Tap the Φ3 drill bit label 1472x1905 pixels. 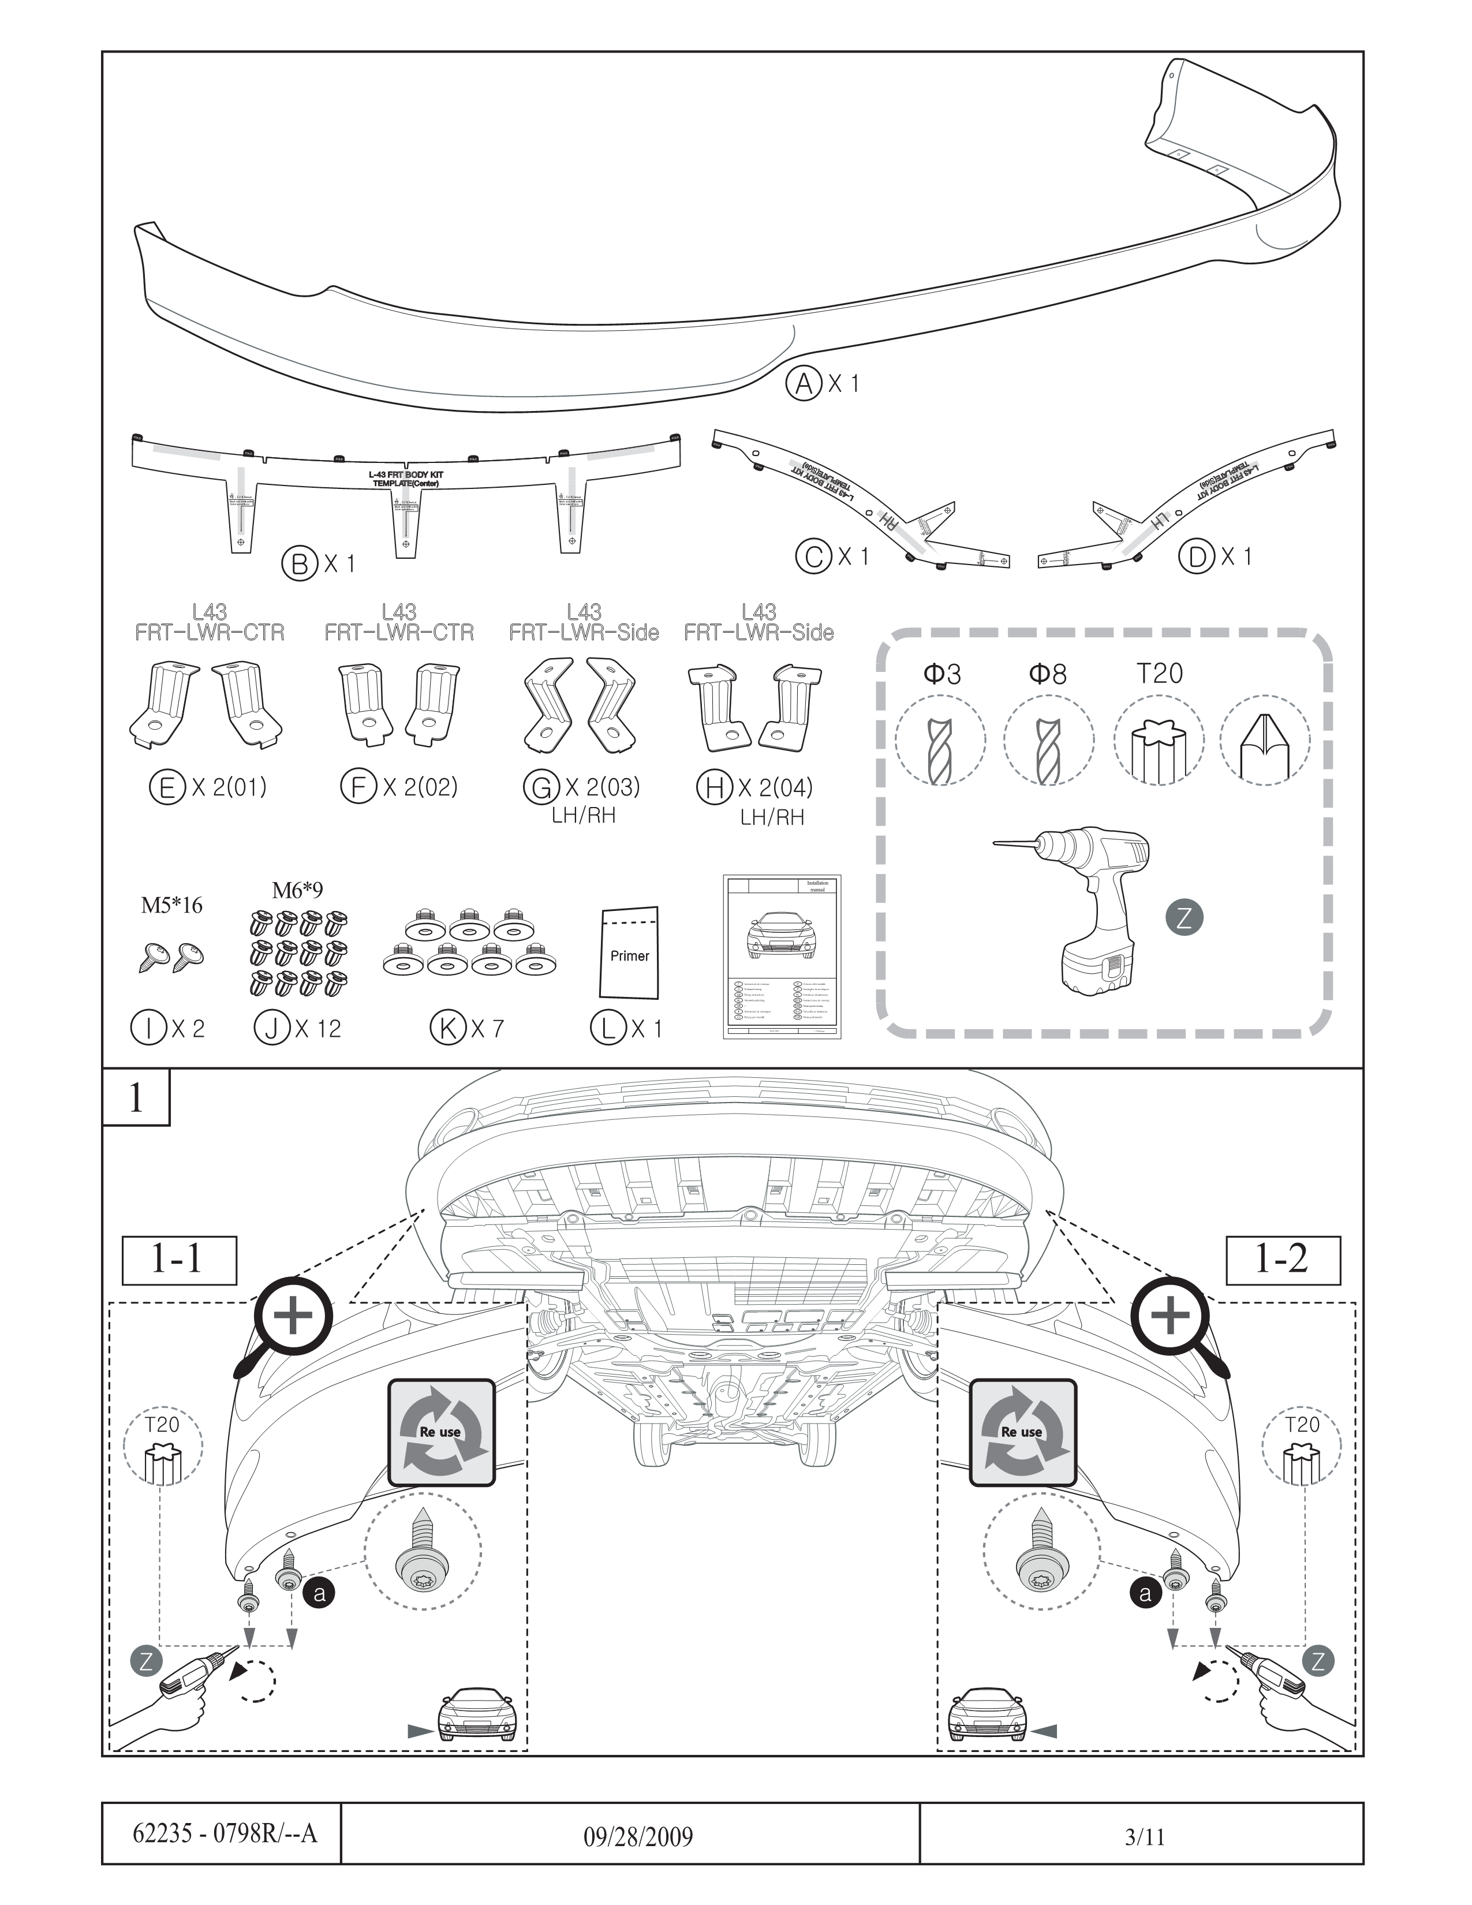pos(942,674)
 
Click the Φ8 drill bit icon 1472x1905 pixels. pos(1048,741)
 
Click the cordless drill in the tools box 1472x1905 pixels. pos(1086,907)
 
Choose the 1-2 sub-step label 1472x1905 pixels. pos(1282,1260)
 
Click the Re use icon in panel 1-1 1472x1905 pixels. pos(441,1432)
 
